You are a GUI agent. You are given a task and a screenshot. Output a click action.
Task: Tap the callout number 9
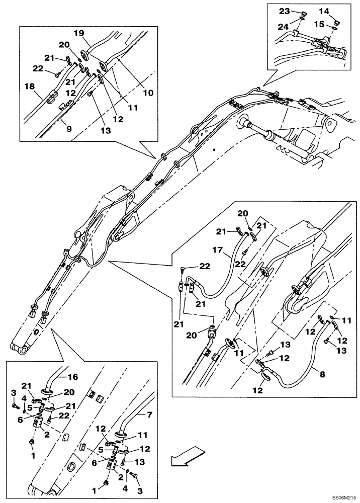[69, 129]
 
